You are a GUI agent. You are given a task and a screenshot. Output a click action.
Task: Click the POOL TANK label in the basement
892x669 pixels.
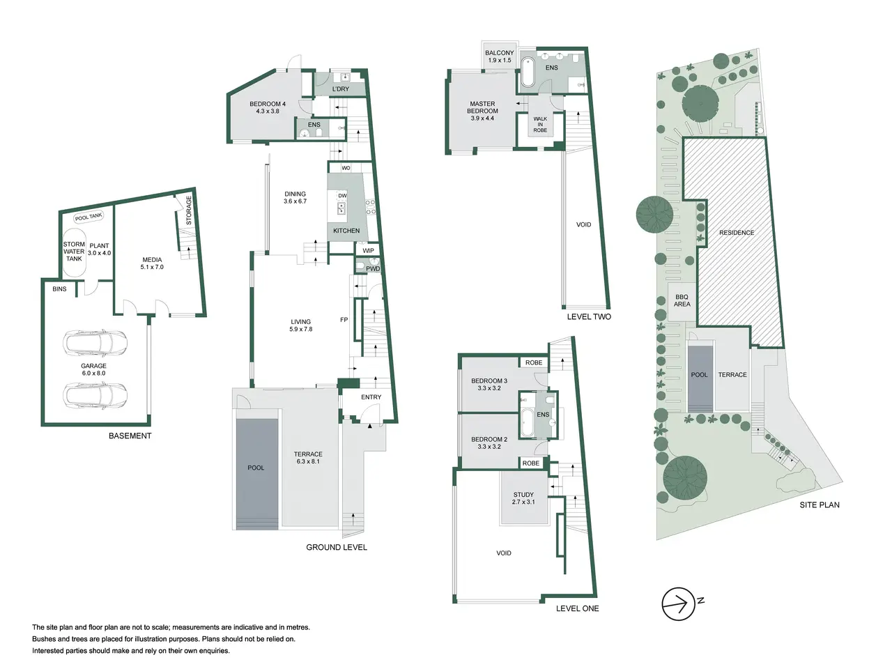coord(89,217)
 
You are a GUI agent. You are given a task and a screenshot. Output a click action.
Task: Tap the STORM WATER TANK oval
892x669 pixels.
coord(74,252)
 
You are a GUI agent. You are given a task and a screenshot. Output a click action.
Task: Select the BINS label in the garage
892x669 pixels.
coord(59,289)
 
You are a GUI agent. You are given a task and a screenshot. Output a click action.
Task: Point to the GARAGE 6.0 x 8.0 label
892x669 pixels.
coord(93,369)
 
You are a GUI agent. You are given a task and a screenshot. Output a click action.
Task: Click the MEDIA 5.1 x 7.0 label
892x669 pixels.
coord(152,263)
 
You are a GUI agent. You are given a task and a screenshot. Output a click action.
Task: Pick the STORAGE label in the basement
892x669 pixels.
coord(189,210)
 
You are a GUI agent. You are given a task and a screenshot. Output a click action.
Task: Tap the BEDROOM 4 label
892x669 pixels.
coord(268,104)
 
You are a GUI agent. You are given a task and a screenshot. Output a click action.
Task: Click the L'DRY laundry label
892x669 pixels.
coord(341,89)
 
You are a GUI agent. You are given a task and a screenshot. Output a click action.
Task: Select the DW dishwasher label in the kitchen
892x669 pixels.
coord(343,196)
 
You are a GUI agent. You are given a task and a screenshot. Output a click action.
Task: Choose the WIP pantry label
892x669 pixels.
coord(368,251)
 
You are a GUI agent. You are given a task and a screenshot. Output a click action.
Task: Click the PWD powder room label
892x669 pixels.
coord(373,268)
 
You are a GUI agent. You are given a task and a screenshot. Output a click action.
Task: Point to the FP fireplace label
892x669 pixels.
coord(344,320)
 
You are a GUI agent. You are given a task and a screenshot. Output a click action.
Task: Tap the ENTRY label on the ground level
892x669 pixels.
coord(371,397)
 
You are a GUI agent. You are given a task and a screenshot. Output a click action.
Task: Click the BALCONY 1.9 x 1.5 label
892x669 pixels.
coord(500,56)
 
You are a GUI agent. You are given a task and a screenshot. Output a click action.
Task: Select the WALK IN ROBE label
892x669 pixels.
coord(540,124)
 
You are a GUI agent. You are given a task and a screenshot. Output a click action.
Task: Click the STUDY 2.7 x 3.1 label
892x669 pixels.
coord(523,498)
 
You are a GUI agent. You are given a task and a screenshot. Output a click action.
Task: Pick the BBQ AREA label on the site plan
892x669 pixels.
coord(682,300)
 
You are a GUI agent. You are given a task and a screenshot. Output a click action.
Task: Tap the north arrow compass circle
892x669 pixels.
coord(678,604)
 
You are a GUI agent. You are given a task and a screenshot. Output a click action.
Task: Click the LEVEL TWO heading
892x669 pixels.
coord(589,317)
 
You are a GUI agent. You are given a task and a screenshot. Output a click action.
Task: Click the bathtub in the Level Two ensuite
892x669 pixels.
coord(528,72)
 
